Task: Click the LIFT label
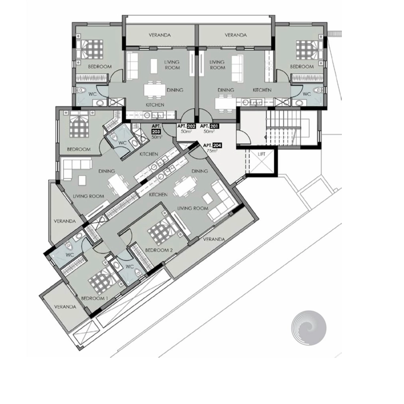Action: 261,154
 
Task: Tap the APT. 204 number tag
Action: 217,145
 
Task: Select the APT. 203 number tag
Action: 156,132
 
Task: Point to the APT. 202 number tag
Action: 191,126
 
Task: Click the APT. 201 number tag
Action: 214,126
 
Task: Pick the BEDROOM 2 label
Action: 159,250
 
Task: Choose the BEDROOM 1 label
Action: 94,298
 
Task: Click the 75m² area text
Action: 212,151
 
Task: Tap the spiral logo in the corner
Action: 309,328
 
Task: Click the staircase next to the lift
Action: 283,127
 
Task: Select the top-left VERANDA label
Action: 160,35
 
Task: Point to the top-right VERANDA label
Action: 236,35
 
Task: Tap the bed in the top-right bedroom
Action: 309,49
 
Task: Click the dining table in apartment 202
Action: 155,90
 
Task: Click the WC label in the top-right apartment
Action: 307,94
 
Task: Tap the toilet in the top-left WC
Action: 82,90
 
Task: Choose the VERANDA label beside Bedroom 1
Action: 65,307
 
